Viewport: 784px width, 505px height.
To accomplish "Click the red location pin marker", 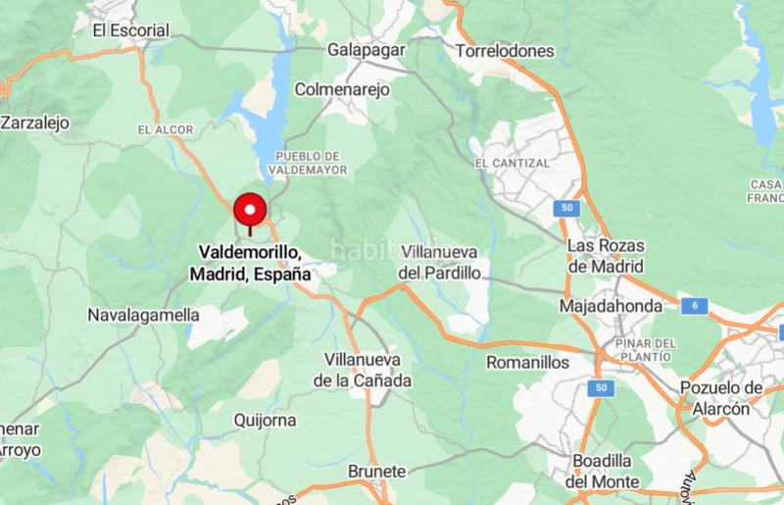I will click(x=251, y=211).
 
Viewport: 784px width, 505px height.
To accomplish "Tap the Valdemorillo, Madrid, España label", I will click(x=250, y=264).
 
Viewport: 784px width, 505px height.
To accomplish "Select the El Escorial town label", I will click(x=130, y=30).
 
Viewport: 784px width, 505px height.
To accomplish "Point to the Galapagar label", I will click(x=367, y=49).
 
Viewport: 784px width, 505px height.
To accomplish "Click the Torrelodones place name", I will click(x=506, y=50).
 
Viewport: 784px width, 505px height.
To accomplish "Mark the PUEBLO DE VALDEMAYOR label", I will click(x=308, y=163).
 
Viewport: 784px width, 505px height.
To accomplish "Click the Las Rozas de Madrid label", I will click(x=608, y=255).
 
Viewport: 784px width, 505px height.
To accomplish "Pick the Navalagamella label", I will click(x=143, y=316).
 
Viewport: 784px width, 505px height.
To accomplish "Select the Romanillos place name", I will click(x=527, y=362).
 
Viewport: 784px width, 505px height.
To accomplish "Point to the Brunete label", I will click(x=376, y=472).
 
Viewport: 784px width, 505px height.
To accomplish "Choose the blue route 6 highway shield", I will click(x=695, y=306).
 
